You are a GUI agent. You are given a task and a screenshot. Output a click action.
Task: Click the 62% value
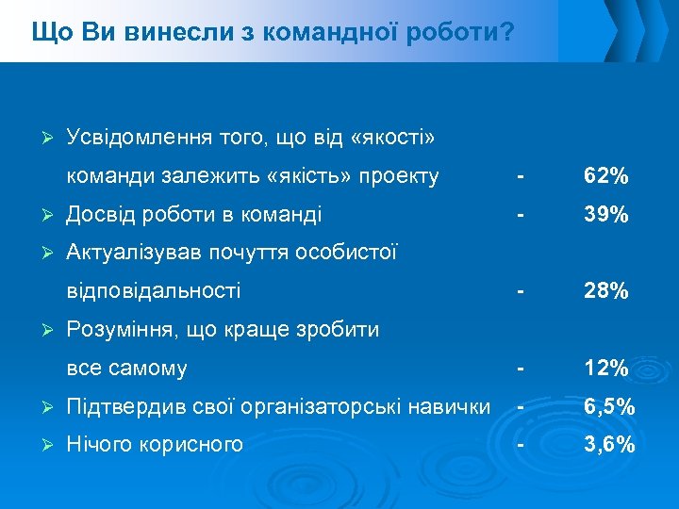606,176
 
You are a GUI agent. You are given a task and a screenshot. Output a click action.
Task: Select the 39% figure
606,215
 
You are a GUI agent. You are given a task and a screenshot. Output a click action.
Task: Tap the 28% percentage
606,291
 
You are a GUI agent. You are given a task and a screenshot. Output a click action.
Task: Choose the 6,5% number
608,407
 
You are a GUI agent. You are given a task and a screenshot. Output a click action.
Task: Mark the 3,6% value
608,444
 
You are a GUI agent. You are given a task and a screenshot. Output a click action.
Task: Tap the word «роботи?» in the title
462,33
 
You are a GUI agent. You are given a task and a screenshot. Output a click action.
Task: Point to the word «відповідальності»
154,291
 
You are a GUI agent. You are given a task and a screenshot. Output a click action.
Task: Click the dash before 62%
518,176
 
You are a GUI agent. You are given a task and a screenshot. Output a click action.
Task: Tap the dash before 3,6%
518,444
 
